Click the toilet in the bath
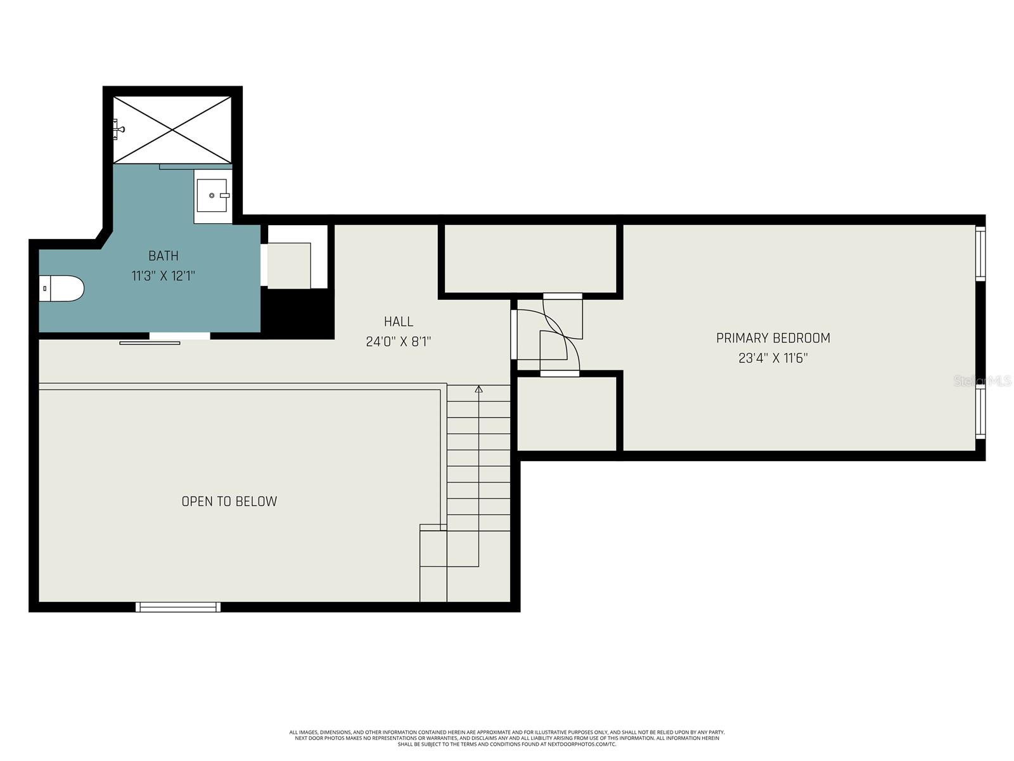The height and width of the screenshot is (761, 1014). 61,289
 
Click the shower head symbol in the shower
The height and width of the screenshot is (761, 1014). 119,129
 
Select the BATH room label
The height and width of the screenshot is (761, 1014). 164,256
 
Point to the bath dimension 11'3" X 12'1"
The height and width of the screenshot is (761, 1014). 164,276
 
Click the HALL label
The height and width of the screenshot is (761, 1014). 399,322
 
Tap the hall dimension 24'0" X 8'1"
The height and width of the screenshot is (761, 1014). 399,342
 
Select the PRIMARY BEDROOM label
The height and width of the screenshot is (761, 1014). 773,338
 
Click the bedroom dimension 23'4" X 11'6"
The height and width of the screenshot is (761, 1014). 773,358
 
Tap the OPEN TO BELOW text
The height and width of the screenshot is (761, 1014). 229,501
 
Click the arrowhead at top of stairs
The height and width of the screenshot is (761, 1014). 478,389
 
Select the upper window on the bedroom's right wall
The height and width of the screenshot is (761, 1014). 980,253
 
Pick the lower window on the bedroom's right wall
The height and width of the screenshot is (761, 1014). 980,413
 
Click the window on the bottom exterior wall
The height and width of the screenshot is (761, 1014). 178,607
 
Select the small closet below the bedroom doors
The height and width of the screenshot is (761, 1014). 567,413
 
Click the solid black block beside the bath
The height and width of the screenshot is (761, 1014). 298,314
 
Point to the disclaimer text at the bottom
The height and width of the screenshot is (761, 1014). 507,738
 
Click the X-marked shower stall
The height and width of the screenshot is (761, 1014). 172,129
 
